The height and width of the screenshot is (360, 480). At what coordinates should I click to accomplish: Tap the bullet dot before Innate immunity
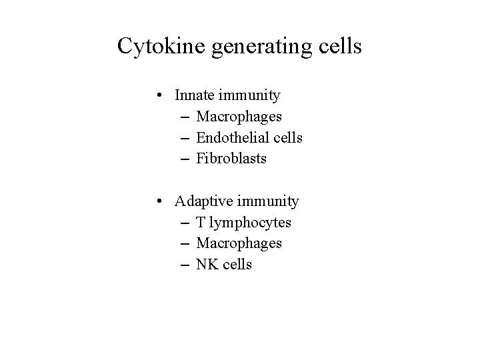tap(162, 95)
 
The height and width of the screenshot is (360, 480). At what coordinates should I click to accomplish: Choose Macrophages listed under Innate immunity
tap(239, 117)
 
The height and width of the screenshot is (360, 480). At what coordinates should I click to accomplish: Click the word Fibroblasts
tap(231, 159)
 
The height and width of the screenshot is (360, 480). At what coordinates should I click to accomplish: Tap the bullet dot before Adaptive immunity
tap(162, 201)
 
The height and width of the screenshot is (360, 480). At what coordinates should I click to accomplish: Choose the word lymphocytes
tap(251, 223)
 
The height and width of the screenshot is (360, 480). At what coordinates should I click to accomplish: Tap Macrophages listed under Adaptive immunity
tap(239, 243)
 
